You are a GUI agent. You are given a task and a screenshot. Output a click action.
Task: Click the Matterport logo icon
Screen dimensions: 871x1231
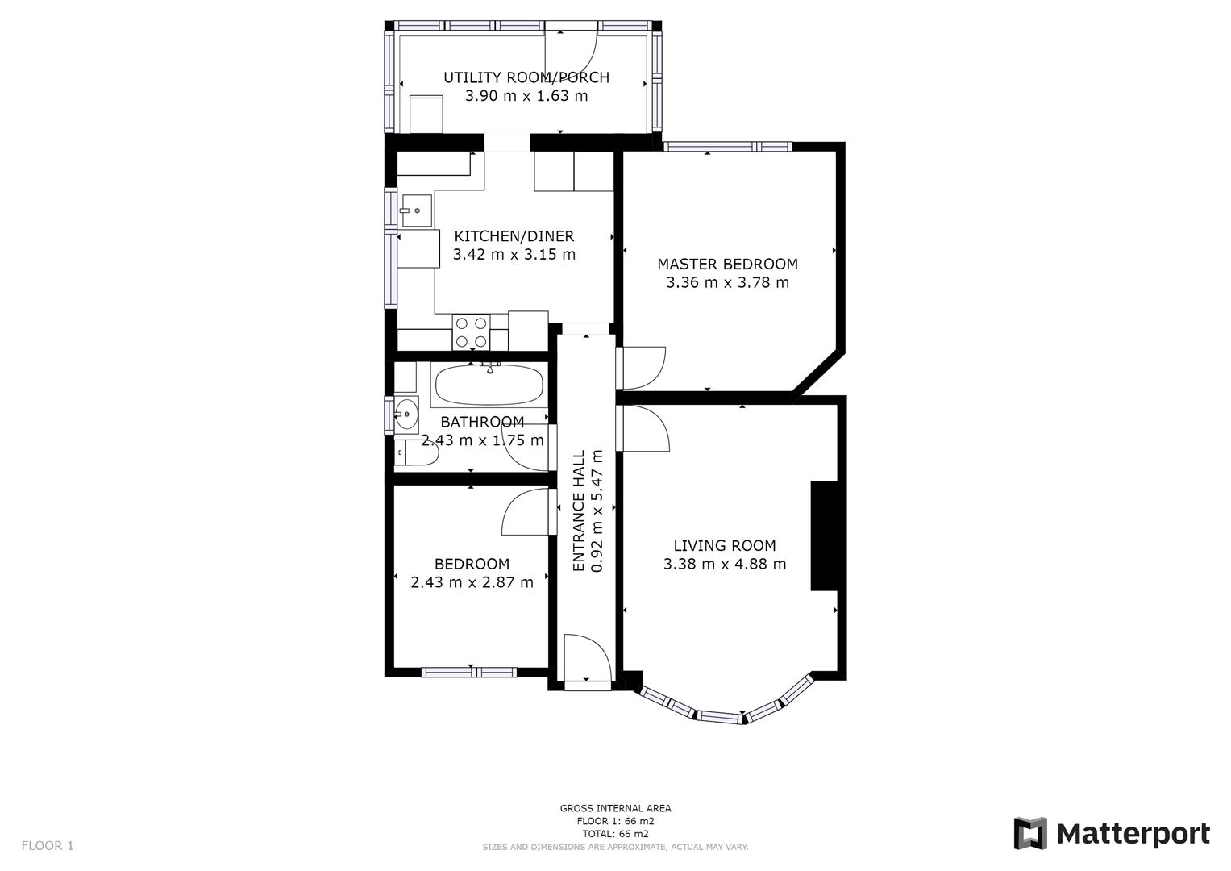[1029, 833]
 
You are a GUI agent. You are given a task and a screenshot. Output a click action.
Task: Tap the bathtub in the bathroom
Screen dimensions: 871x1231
[489, 385]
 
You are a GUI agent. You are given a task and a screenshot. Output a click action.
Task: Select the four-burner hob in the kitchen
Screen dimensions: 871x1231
[472, 331]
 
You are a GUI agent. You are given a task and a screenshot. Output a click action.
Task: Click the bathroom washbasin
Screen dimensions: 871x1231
[406, 415]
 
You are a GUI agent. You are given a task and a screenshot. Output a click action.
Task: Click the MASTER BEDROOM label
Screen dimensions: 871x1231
[727, 264]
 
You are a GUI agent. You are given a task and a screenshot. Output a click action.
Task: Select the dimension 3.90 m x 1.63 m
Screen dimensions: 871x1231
[526, 96]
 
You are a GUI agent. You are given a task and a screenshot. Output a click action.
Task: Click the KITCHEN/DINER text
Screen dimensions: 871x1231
[514, 236]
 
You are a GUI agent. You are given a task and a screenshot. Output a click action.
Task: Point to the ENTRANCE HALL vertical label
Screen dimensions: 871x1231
[578, 511]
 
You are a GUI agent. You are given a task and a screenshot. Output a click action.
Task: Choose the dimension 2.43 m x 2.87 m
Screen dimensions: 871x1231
[472, 582]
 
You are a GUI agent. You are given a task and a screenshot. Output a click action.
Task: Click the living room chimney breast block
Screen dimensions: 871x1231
[824, 536]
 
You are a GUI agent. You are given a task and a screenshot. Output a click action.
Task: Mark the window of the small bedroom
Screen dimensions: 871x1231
[468, 672]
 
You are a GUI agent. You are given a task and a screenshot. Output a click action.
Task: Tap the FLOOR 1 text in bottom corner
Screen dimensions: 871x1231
[48, 846]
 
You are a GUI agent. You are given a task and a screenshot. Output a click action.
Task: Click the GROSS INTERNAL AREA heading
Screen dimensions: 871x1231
[615, 808]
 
